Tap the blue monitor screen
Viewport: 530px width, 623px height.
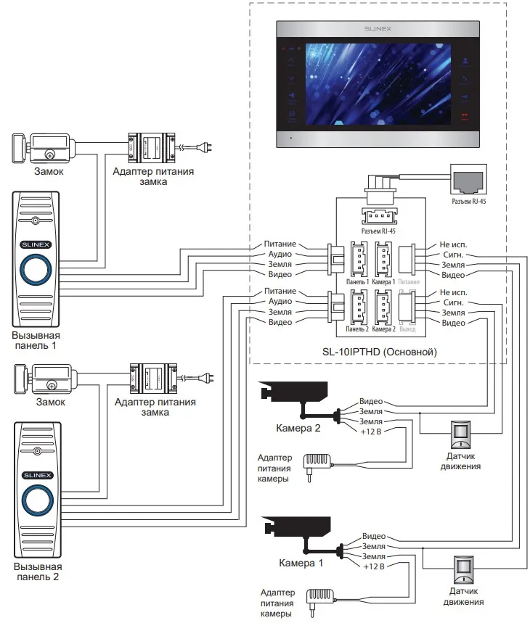tap(378, 81)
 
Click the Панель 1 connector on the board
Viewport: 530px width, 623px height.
tap(359, 257)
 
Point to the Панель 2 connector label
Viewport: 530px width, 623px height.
tap(357, 329)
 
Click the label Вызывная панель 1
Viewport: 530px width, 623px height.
tap(36, 341)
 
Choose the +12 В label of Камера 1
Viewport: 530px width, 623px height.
tap(373, 566)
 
